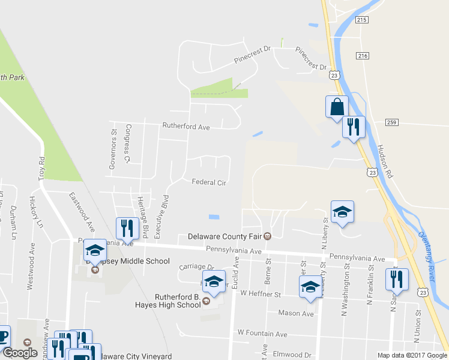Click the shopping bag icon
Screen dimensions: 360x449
[337, 107]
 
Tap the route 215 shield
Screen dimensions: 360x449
[361, 20]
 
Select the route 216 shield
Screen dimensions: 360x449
[361, 56]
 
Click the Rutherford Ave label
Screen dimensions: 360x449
[186, 127]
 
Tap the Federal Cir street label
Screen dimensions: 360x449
[208, 182]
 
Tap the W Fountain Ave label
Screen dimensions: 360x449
[262, 334]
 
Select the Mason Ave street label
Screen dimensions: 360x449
[296, 313]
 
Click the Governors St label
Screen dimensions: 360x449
[112, 149]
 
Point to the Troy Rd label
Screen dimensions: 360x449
[41, 169]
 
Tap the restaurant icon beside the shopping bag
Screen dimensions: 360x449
[354, 127]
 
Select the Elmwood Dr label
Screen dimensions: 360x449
[292, 354]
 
